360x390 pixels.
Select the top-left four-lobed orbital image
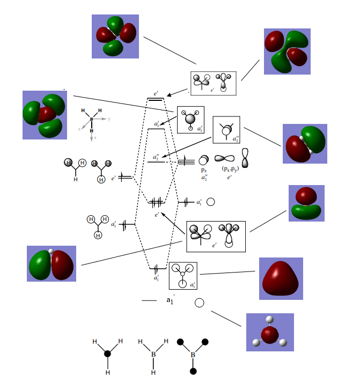click(x=115, y=36)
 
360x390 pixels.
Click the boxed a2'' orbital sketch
click(x=226, y=130)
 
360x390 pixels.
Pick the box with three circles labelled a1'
click(x=183, y=275)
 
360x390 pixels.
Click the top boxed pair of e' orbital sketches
click(x=213, y=83)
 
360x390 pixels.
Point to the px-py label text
click(x=231, y=168)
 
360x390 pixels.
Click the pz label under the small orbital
click(x=204, y=169)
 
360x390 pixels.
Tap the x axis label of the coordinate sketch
click(x=94, y=138)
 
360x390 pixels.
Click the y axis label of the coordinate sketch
click(x=109, y=119)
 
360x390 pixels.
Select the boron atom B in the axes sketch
click(x=91, y=119)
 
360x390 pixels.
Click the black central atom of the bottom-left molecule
click(x=107, y=354)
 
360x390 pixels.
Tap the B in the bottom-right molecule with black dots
click(x=192, y=354)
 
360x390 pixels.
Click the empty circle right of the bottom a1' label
click(x=199, y=303)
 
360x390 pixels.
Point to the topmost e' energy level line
click(x=155, y=99)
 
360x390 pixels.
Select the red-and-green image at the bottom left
click(x=52, y=263)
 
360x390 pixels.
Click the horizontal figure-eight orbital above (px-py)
click(x=224, y=159)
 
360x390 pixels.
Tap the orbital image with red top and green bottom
click(x=306, y=203)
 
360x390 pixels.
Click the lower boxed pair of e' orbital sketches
click(x=215, y=236)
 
